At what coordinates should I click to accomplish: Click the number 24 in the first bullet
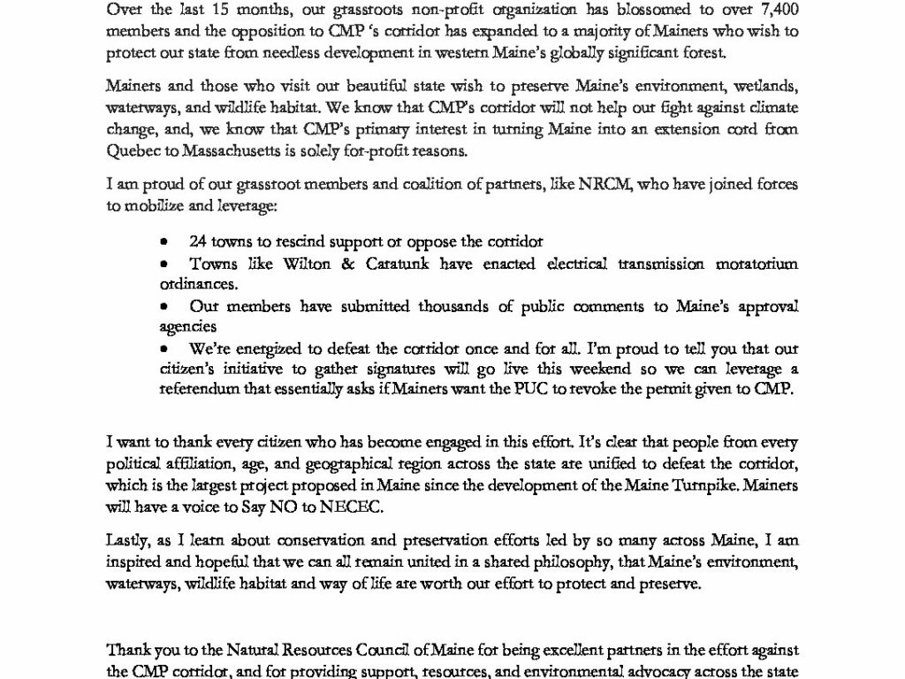pos(197,241)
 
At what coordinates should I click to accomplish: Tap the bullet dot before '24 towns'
pos(164,241)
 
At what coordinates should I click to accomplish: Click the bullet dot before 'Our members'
pos(164,306)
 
